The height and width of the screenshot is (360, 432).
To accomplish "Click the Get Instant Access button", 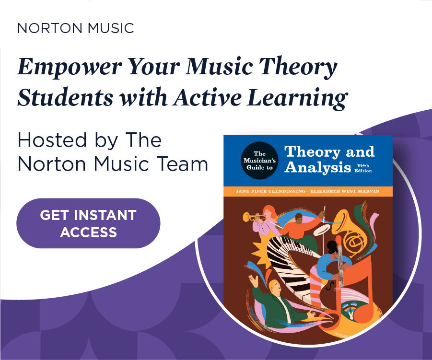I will click(x=88, y=223).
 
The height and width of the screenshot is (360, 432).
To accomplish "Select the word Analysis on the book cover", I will click(x=317, y=168).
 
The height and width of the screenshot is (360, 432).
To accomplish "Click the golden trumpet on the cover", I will click(x=255, y=218).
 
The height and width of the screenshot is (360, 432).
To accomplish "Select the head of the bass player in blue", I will click(x=332, y=248).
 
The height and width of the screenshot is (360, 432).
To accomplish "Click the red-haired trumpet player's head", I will click(x=270, y=211).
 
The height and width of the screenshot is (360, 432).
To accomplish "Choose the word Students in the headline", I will click(x=65, y=98).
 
